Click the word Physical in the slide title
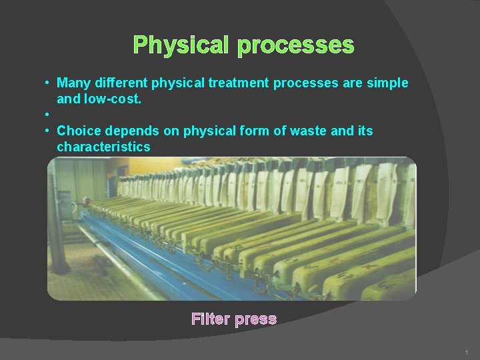pos(181,45)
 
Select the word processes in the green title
pos(295,45)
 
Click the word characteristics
pos(103,147)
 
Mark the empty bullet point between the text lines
pos(48,115)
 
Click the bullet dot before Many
pos(48,83)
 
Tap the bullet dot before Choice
pos(48,131)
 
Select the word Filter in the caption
pos(210,319)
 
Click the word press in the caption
pos(255,319)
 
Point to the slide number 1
pos(467,351)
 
